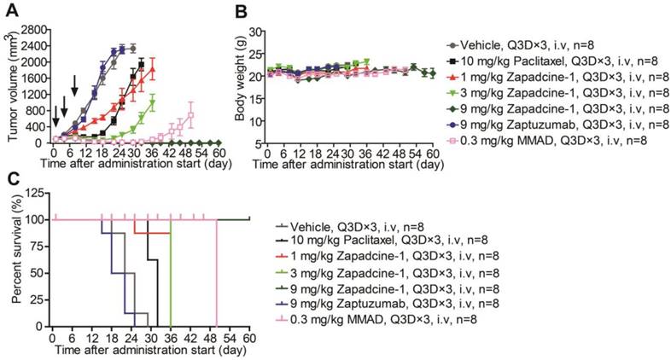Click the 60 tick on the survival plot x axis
tap(249, 335)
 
